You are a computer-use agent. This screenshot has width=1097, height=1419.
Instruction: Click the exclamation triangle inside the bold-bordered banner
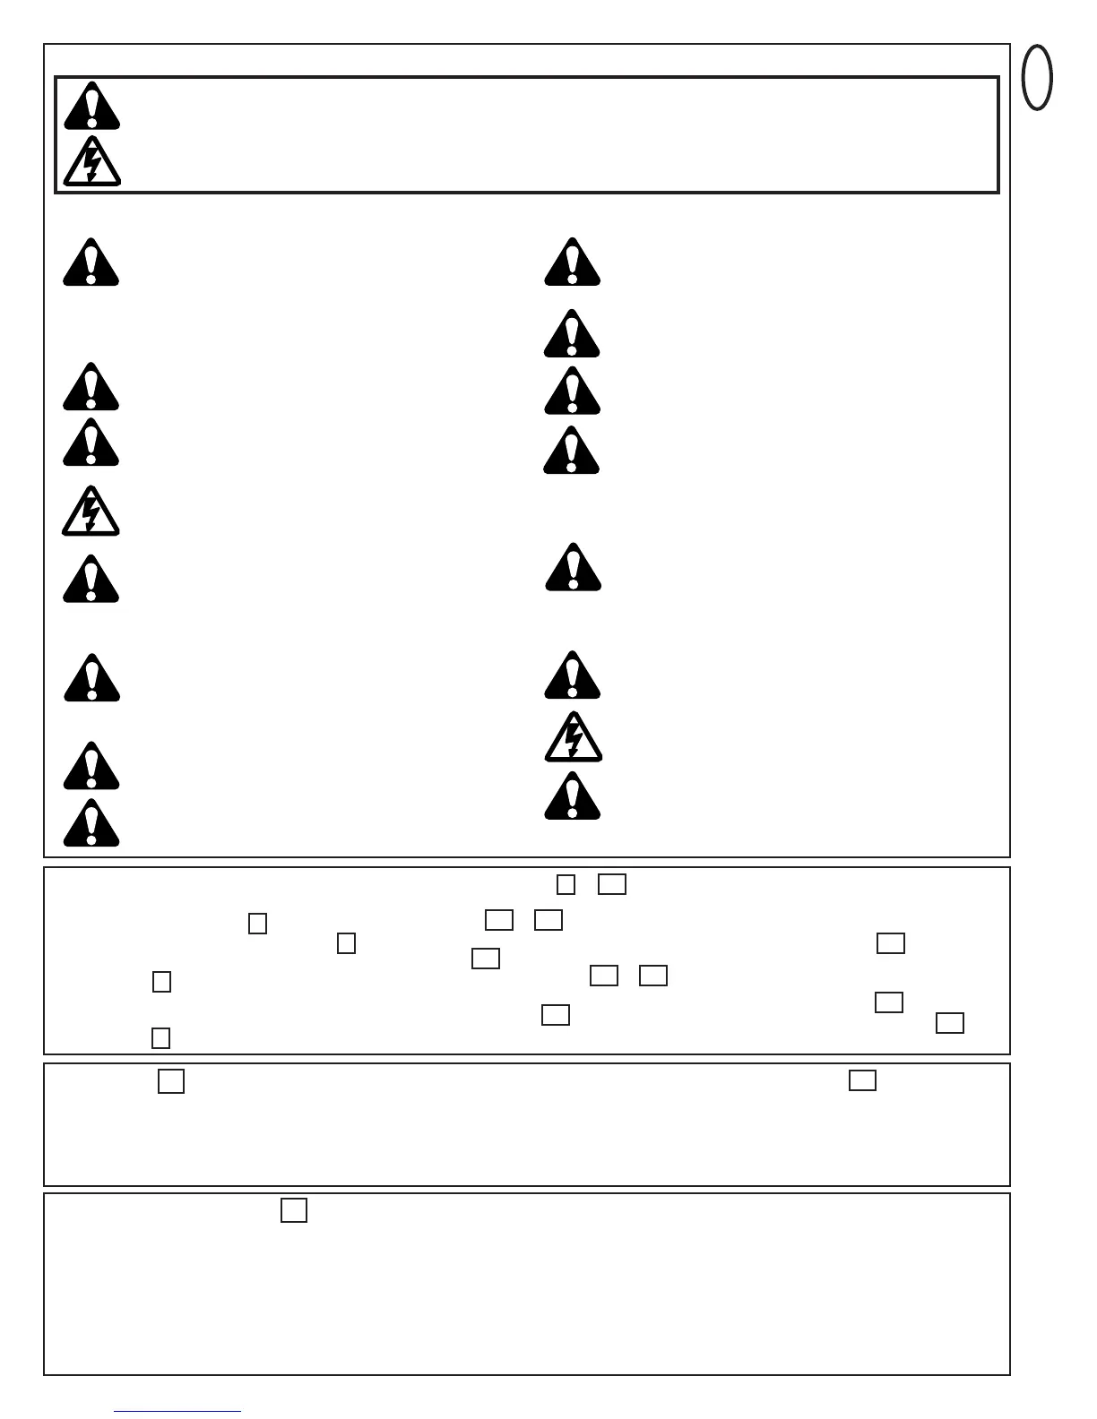coord(91,107)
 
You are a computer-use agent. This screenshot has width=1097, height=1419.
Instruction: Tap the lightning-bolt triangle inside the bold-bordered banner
coord(91,162)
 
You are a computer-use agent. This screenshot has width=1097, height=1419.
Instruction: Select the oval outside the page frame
coord(1037,78)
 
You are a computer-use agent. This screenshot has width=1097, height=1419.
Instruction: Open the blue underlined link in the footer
coord(177,1411)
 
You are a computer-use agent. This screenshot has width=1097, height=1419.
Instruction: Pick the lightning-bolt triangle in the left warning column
coord(91,512)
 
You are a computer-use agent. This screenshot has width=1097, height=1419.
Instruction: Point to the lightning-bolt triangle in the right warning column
coord(573,737)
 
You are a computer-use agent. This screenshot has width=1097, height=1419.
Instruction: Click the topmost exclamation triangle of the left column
coord(91,262)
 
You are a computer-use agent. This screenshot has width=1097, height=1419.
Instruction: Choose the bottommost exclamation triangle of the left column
coord(91,823)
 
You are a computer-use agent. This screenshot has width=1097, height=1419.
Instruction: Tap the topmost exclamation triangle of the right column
coord(572,262)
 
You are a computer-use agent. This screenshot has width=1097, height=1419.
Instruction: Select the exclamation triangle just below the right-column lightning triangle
coord(572,796)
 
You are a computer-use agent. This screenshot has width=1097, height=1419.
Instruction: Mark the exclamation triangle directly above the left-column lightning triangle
coord(91,443)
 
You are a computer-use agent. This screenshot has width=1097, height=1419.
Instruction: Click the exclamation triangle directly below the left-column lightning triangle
coord(91,580)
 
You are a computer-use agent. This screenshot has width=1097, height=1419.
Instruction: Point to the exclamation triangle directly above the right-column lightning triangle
coord(572,675)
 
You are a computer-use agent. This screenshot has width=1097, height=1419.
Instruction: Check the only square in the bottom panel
coord(294,1210)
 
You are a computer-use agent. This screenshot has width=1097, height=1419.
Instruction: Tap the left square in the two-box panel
coord(171,1081)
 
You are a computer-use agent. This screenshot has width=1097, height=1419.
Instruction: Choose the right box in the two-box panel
coord(862,1080)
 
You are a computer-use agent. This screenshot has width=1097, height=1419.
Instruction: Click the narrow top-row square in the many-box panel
coord(566,884)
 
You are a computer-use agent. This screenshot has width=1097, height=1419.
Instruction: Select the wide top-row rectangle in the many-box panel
coord(612,884)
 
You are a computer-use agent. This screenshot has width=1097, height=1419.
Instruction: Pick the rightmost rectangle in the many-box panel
coord(950,1023)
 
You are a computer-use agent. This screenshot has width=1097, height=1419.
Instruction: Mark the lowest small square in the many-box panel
coord(160,1037)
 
